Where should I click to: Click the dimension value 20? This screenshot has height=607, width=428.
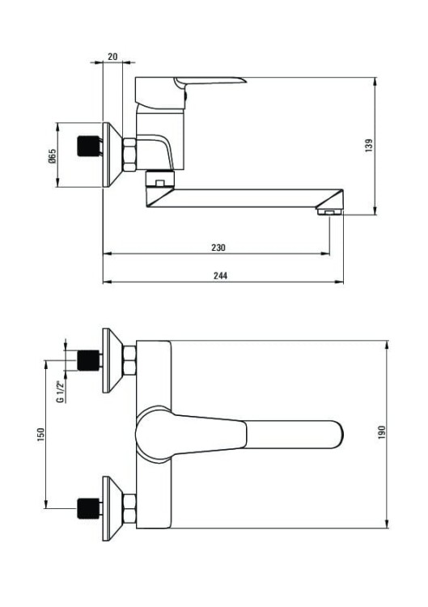pyautogui.click(x=112, y=57)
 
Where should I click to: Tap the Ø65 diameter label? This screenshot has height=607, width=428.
pyautogui.click(x=53, y=155)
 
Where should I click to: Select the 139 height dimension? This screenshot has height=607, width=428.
pyautogui.click(x=369, y=145)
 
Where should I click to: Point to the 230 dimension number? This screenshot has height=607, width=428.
pyautogui.click(x=218, y=248)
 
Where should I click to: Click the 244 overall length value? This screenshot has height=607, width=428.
pyautogui.click(x=221, y=276)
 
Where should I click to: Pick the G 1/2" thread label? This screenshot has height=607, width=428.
pyautogui.click(x=61, y=392)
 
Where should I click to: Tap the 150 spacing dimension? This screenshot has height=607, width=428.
pyautogui.click(x=40, y=435)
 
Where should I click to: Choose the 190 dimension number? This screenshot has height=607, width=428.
pyautogui.click(x=382, y=432)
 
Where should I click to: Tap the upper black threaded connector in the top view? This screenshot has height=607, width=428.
pyautogui.click(x=89, y=360)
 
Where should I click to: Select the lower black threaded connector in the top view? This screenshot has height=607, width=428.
pyautogui.click(x=89, y=508)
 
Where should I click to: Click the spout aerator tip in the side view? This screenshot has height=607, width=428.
pyautogui.click(x=329, y=212)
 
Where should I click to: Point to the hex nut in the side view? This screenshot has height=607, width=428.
pyautogui.click(x=129, y=155)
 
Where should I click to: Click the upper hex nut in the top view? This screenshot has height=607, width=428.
pyautogui.click(x=129, y=361)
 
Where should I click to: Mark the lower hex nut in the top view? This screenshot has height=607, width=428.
pyautogui.click(x=129, y=509)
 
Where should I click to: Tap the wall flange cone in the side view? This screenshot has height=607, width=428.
pyautogui.click(x=112, y=155)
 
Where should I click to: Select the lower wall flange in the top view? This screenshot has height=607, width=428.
pyautogui.click(x=112, y=509)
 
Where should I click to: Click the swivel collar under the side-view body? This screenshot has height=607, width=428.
pyautogui.click(x=160, y=178)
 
